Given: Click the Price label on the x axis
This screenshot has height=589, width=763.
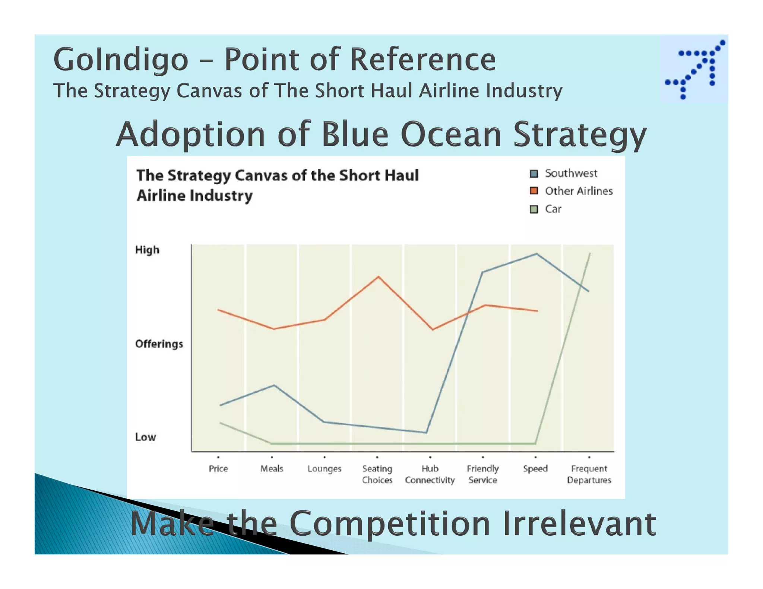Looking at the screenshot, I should (218, 469).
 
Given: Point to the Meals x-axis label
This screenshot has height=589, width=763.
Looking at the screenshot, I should (272, 469).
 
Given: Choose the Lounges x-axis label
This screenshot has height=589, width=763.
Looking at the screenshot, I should (324, 469).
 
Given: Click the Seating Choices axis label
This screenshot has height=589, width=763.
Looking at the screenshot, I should (377, 474).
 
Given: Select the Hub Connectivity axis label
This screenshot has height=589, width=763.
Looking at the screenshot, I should (430, 474).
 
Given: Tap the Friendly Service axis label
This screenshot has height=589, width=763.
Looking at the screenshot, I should (482, 474).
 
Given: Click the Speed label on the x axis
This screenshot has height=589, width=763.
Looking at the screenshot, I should (535, 469).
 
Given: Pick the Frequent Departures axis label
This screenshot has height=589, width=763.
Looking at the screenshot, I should (589, 474).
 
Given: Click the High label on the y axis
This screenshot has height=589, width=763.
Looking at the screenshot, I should (147, 250).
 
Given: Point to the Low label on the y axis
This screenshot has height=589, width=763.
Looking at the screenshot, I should (145, 437).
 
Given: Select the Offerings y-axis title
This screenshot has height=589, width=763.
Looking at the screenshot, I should (159, 344).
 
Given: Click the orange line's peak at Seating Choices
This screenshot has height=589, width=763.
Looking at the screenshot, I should (379, 277).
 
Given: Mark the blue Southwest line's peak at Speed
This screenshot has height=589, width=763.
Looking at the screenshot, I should (536, 254).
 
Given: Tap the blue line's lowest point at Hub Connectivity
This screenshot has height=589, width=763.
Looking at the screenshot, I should (426, 433).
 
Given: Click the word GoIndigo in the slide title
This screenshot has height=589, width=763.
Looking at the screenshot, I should (121, 60).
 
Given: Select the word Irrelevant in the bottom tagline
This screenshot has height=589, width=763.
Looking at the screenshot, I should (579, 524).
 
